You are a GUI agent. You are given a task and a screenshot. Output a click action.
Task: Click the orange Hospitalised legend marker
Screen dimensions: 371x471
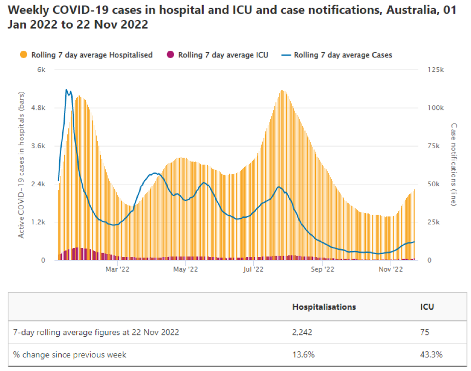[x=24, y=55]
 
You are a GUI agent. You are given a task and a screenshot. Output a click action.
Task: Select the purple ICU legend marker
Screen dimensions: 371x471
[x=171, y=55]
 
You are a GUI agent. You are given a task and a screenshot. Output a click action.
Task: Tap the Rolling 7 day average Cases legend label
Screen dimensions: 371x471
[x=343, y=55]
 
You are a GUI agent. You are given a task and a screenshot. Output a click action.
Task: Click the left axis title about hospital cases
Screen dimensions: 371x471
[x=22, y=165]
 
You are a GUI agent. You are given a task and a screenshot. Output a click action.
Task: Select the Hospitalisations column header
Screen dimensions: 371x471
[x=324, y=307]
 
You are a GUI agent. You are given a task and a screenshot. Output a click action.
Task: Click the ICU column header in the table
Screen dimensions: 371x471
[x=427, y=307]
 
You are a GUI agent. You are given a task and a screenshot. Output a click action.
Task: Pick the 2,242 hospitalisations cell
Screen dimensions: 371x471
[x=303, y=332]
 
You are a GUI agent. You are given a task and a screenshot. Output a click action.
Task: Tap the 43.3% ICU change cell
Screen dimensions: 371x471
[x=431, y=354]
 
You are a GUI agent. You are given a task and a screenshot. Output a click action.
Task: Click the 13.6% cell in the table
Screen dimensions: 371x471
[x=303, y=354]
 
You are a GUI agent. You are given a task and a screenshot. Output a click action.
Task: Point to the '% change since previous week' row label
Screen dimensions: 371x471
[x=70, y=354]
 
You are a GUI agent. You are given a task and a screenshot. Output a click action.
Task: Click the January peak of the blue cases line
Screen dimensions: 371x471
[x=67, y=90]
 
